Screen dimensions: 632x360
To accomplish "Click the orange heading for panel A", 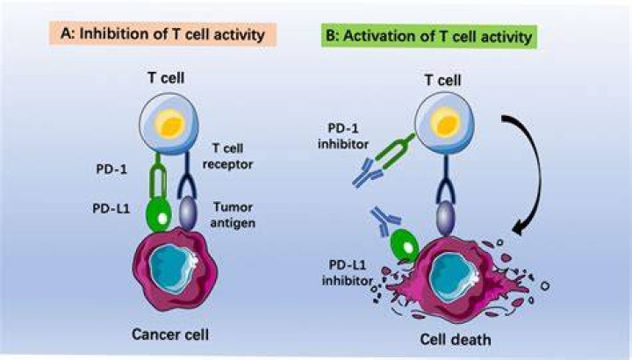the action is pos(163,34).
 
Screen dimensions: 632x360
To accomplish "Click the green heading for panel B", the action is pos(429,37).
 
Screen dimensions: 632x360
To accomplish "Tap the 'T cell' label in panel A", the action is pos(166,77).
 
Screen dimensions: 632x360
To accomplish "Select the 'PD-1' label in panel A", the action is pos(111,169).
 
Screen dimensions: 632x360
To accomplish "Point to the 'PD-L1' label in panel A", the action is pos(111,208).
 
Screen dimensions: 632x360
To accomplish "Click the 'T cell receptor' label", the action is pos(227,156).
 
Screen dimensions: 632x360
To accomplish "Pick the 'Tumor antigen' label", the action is pos(233,215).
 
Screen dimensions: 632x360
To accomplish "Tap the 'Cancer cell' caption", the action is pos(170,335).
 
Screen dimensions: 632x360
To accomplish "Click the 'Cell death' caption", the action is pos(456,340).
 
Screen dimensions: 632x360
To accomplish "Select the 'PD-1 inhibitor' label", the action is pos(343,136).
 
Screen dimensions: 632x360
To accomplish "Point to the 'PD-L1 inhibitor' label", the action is pos(347,272).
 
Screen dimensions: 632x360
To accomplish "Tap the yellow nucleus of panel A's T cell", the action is pos(170,125).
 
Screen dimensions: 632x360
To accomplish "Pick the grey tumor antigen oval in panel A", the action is pos(188,212).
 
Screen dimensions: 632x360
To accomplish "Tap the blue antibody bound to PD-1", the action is pos(367,173).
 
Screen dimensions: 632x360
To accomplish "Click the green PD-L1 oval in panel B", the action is pos(405,246).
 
